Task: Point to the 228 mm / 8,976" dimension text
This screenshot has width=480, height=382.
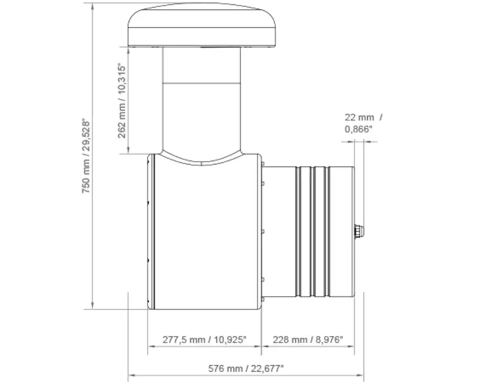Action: click(x=308, y=339)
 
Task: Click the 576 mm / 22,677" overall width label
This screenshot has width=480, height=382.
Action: click(x=246, y=368)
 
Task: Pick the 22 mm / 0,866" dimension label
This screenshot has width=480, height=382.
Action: click(x=364, y=122)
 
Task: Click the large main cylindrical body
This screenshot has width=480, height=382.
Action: click(x=204, y=239)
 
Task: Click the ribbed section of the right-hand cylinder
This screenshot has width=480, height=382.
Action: click(x=312, y=231)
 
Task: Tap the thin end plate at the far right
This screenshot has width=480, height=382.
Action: click(x=354, y=231)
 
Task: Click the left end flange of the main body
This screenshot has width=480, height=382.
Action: click(x=151, y=231)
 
